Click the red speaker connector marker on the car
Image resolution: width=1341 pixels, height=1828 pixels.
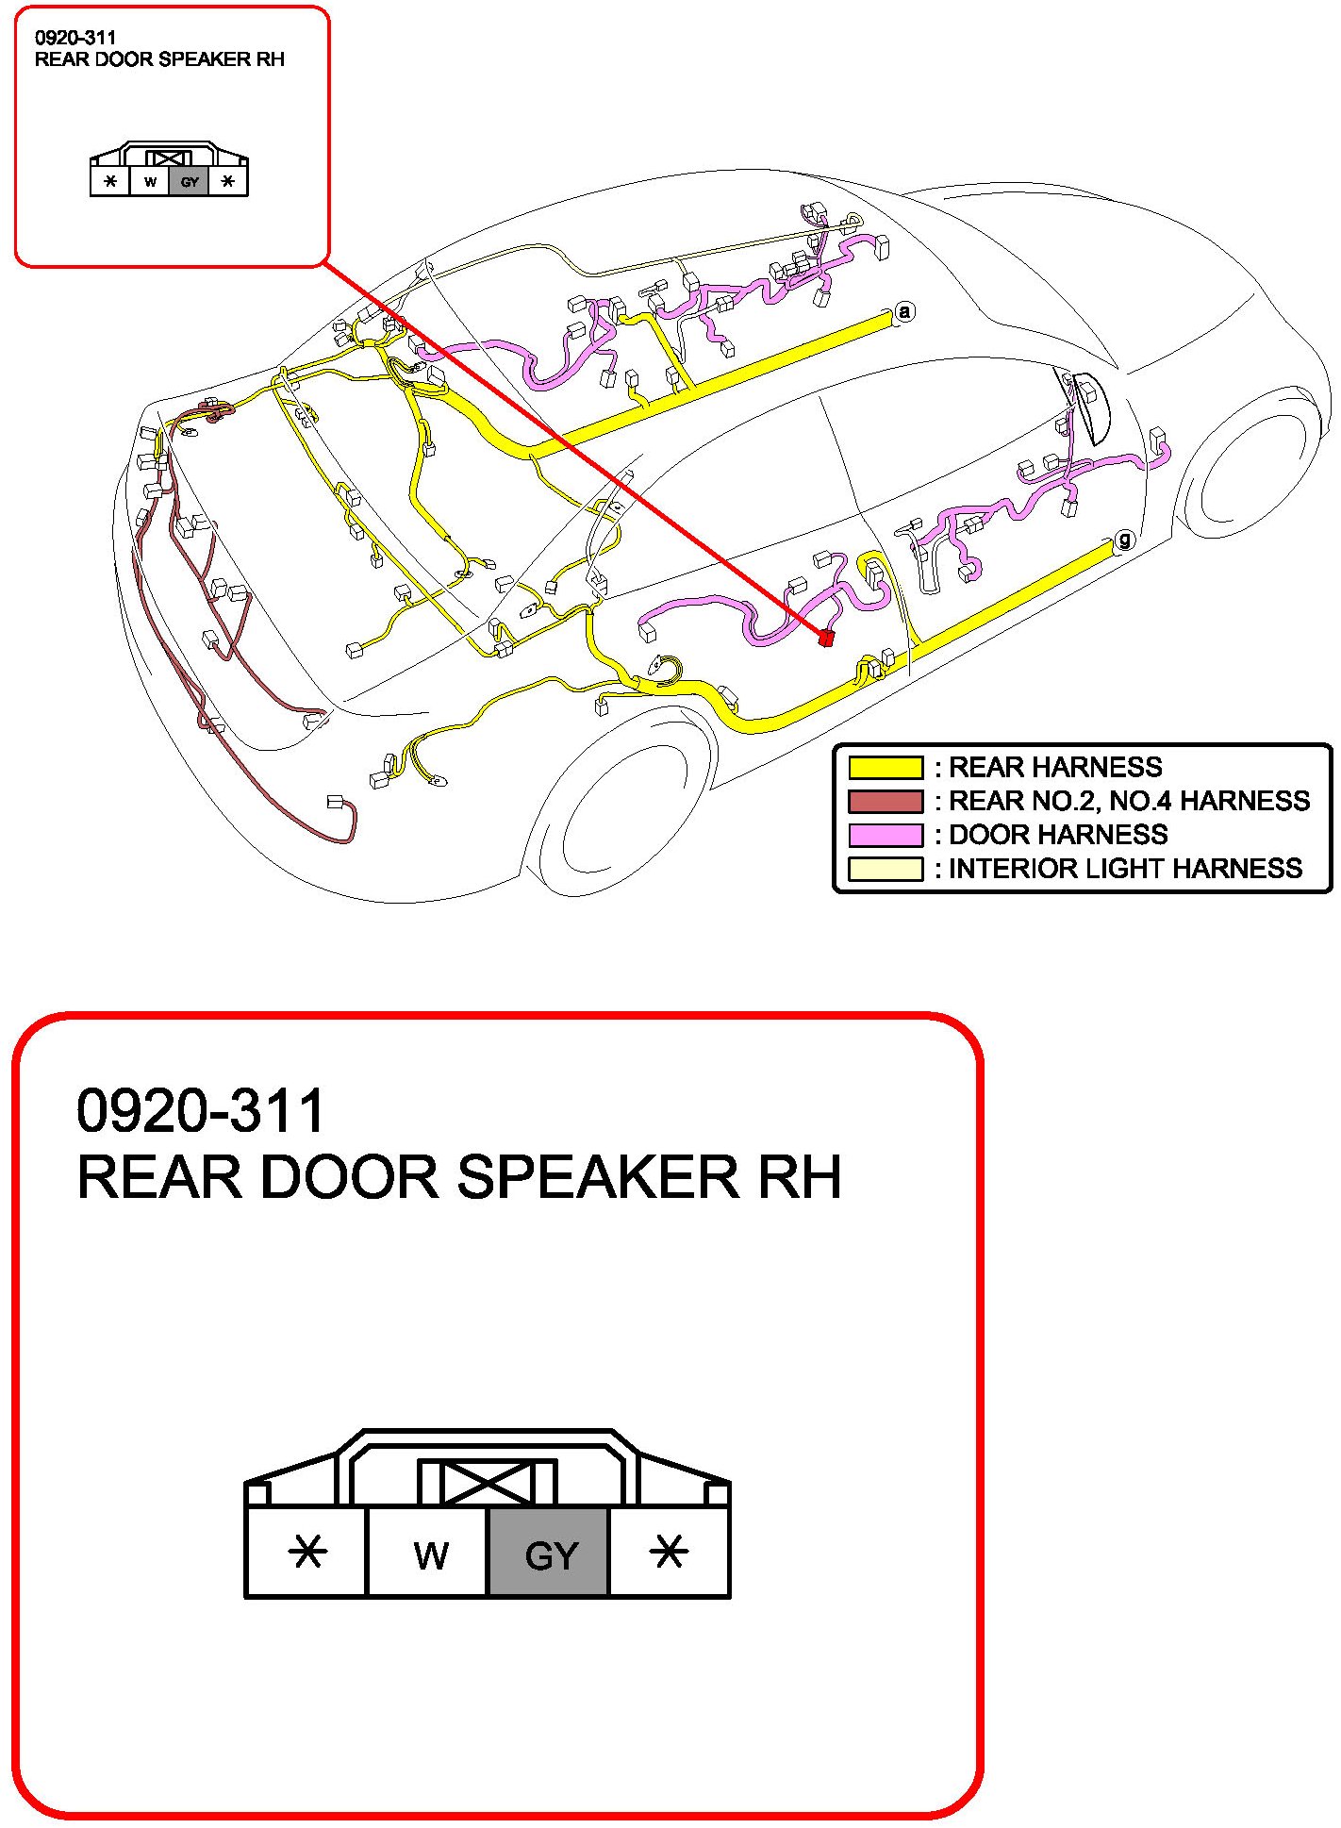point(826,638)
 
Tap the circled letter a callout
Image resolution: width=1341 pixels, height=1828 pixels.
point(904,311)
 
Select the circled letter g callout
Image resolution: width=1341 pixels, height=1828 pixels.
point(1124,540)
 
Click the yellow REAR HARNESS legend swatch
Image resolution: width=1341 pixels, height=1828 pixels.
point(885,767)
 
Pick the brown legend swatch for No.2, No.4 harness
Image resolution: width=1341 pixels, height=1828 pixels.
point(885,801)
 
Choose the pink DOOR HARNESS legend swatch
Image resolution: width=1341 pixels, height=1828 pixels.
point(885,835)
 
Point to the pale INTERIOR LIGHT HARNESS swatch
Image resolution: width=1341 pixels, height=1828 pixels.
point(885,869)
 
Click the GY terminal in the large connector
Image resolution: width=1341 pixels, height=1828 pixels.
point(549,1554)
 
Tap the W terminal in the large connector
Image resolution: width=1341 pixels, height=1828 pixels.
point(430,1554)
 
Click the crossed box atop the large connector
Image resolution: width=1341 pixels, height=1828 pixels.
point(488,1483)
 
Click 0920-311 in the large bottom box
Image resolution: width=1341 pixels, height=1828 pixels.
point(201,1110)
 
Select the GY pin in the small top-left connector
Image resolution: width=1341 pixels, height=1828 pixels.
point(190,182)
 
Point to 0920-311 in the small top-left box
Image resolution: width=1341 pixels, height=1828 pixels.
point(75,38)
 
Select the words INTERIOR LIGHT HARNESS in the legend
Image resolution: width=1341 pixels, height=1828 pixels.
point(1124,869)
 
